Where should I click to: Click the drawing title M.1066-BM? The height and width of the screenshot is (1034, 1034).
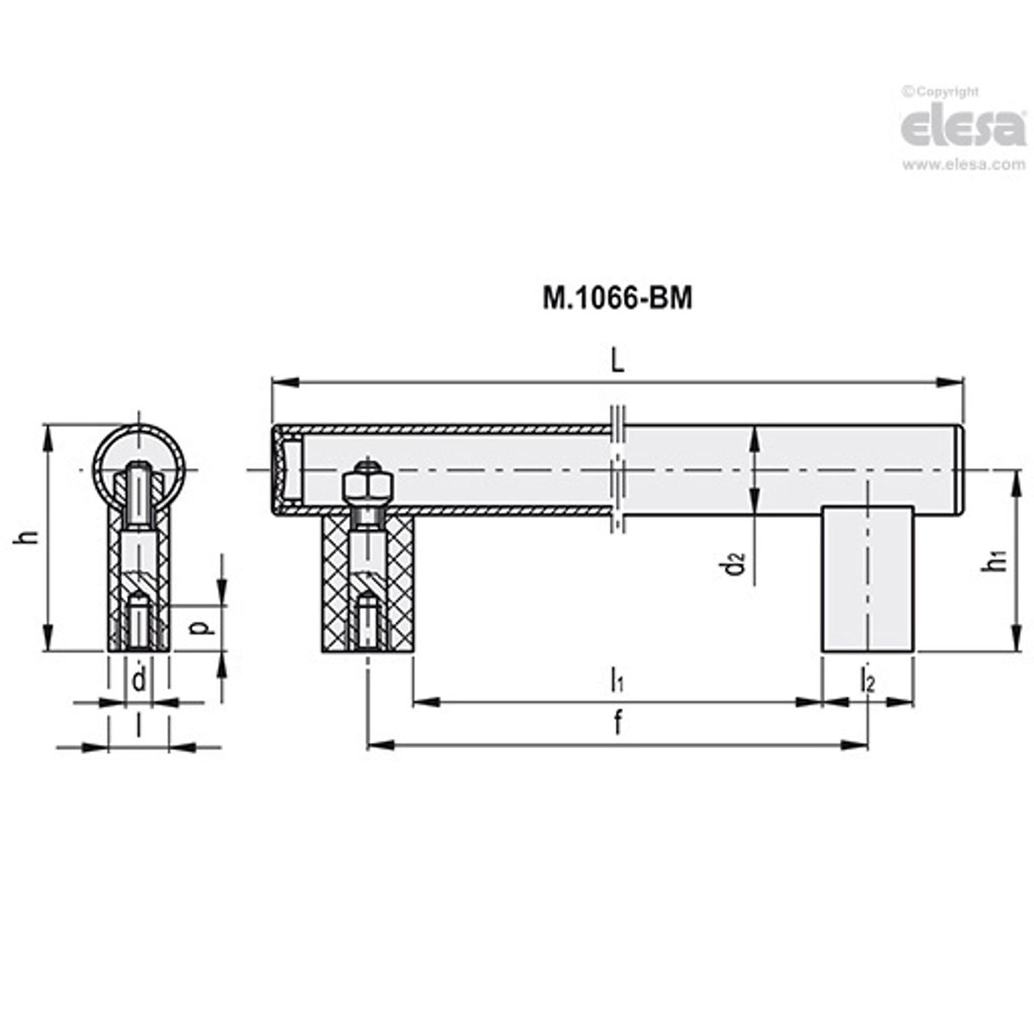tap(618, 298)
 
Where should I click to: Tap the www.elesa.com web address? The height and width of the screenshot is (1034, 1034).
tap(963, 164)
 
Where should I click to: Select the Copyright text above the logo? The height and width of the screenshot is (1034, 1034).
tap(940, 92)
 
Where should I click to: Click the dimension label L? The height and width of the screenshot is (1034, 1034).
tap(618, 362)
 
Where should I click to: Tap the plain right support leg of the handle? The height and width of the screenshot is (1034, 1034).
tap(867, 579)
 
